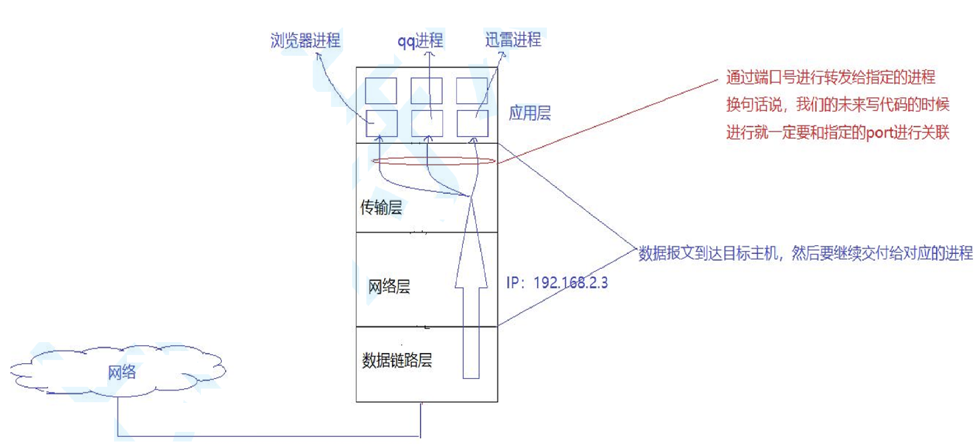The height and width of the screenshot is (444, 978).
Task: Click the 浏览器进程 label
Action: (305, 41)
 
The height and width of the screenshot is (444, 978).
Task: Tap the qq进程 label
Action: (420, 41)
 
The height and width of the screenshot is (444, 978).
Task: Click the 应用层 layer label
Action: (530, 113)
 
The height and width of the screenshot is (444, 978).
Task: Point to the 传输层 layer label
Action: (381, 207)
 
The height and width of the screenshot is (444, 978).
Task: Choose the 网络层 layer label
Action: (389, 286)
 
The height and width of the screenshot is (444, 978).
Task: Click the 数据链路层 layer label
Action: (397, 360)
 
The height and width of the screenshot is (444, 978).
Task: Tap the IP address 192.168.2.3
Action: (570, 282)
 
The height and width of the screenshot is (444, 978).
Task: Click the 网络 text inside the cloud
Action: (122, 372)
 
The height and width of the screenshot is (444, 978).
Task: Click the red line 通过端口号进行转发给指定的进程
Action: (830, 77)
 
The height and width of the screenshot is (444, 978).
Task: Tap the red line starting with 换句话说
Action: (838, 105)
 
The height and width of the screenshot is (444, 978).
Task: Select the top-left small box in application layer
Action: (381, 91)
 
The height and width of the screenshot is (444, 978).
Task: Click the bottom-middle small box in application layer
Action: (427, 124)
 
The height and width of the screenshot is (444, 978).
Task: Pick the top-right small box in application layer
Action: (472, 91)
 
